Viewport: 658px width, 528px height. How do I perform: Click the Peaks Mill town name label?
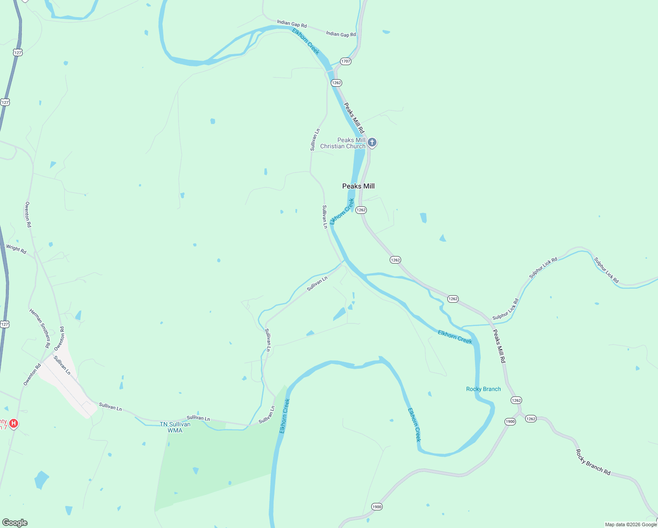coord(358,186)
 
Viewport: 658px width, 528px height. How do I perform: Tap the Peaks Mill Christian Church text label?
coord(343,143)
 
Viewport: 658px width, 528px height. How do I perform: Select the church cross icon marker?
coord(372,142)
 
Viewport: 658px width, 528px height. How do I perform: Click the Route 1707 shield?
coord(345,61)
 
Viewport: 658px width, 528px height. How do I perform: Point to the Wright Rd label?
coord(16,249)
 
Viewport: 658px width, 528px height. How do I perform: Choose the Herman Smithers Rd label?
coord(40,328)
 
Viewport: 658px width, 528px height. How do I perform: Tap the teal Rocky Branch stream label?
coord(483,389)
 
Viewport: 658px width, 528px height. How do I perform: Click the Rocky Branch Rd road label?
coord(593,462)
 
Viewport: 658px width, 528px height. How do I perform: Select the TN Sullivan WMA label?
coord(175,427)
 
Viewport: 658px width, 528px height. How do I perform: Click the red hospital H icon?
coord(14,423)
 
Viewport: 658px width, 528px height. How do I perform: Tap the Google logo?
coord(15,523)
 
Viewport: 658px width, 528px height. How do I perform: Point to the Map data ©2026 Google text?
coord(631,524)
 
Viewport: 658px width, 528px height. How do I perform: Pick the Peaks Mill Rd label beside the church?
coord(354,118)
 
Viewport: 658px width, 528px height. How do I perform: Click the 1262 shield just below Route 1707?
coord(336,83)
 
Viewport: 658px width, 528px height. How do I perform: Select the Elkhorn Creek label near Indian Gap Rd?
coord(306,41)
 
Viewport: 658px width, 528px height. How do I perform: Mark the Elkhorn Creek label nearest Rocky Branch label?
coord(455,337)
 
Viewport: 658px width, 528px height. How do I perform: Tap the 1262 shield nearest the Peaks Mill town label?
coord(361,210)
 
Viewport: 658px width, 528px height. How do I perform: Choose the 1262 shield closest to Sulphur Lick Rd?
coord(453,299)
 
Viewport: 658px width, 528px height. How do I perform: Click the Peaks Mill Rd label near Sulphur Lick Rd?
coord(499,346)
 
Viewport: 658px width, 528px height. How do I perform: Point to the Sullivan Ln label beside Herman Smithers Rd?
coord(62,365)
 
